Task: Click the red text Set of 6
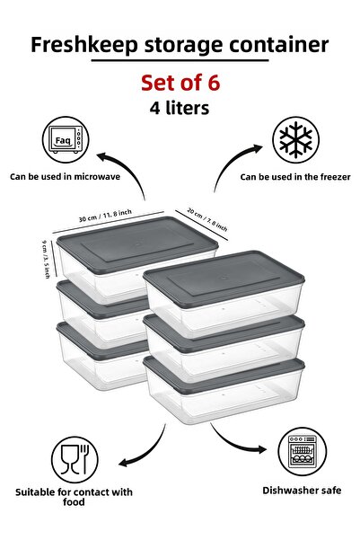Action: [180, 83]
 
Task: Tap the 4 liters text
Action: [180, 107]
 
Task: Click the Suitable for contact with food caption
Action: [74, 497]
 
